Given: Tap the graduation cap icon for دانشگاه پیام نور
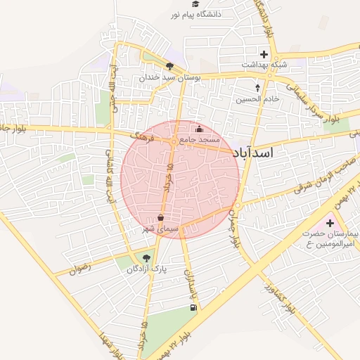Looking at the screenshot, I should pyautogui.click(x=195, y=4).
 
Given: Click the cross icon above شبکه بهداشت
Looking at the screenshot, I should pyautogui.click(x=264, y=53).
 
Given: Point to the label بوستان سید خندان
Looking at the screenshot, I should pyautogui.click(x=170, y=77).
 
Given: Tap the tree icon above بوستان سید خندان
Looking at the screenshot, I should pyautogui.click(x=169, y=66).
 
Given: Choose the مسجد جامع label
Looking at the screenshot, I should pyautogui.click(x=200, y=140).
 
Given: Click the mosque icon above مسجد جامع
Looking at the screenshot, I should pyautogui.click(x=199, y=129).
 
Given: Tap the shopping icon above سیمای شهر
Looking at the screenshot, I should pyautogui.click(x=161, y=219).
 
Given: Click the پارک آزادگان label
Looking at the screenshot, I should pyautogui.click(x=148, y=269).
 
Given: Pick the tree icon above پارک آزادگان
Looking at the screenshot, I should pyautogui.click(x=147, y=258).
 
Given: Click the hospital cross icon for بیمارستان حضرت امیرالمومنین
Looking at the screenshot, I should pyautogui.click(x=330, y=223).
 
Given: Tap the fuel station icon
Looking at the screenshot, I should pyautogui.click(x=193, y=307).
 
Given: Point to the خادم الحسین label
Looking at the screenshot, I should pyautogui.click(x=257, y=99).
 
